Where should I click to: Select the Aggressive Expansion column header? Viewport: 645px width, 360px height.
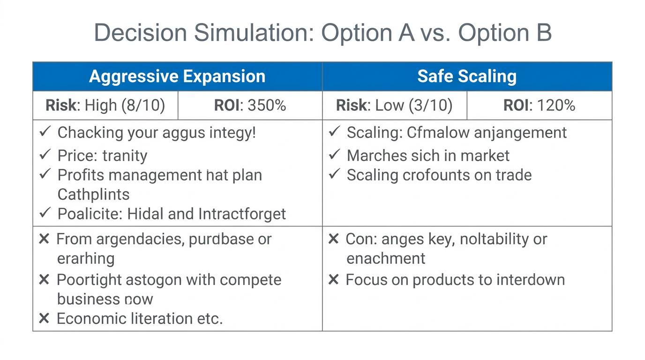click(177, 76)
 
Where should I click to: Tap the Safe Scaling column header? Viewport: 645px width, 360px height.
click(467, 76)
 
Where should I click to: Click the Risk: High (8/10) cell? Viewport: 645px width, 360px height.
click(105, 105)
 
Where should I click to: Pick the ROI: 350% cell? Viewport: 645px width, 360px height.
click(250, 105)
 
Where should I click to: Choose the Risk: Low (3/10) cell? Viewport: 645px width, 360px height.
click(394, 105)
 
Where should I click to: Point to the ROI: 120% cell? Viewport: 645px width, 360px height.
click(539, 105)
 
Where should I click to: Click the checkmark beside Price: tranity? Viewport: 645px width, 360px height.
click(45, 155)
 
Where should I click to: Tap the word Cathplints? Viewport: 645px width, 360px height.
click(93, 194)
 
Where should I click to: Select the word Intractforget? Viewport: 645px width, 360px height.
click(242, 214)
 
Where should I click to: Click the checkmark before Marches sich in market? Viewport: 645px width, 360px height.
click(334, 155)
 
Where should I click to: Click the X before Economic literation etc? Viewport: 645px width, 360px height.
click(44, 319)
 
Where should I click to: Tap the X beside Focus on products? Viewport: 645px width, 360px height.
click(333, 280)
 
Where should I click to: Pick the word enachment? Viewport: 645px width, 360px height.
click(386, 258)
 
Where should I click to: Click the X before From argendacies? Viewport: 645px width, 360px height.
click(44, 239)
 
